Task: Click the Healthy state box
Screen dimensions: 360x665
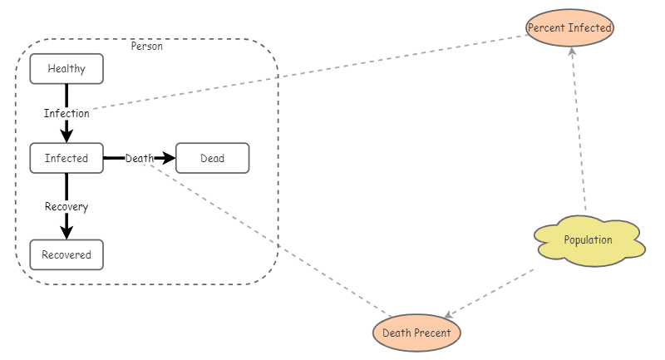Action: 66,69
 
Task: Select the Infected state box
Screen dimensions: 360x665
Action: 66,158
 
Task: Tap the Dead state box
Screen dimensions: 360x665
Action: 212,158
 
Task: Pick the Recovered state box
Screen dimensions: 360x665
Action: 66,254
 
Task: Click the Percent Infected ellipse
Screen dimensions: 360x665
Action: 570,27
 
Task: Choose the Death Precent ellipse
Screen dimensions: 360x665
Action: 416,333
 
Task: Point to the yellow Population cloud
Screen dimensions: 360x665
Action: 589,241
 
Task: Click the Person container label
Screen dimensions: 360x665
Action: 147,47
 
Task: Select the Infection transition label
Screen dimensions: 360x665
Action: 66,113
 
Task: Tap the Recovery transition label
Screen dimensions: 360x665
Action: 66,206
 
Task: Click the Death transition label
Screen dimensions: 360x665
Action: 139,158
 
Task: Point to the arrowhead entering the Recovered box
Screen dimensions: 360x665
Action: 66,233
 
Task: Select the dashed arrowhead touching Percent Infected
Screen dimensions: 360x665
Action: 572,51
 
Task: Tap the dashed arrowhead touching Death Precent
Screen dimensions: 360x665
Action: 448,316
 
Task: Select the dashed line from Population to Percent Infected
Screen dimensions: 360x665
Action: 579,133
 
